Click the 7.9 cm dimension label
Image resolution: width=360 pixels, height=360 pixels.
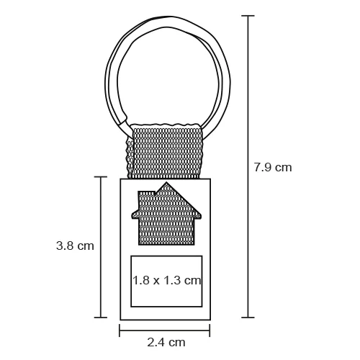(273, 167)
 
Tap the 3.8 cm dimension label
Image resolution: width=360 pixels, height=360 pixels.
(75, 246)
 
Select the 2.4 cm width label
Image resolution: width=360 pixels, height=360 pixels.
(166, 342)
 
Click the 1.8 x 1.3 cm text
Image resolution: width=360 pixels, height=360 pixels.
(166, 280)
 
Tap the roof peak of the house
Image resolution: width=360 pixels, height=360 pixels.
(166, 182)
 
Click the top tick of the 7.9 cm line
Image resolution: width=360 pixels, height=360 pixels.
(248, 16)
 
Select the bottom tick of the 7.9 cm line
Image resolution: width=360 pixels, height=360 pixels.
(248, 318)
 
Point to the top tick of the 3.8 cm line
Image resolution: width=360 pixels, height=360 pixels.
(101, 177)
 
